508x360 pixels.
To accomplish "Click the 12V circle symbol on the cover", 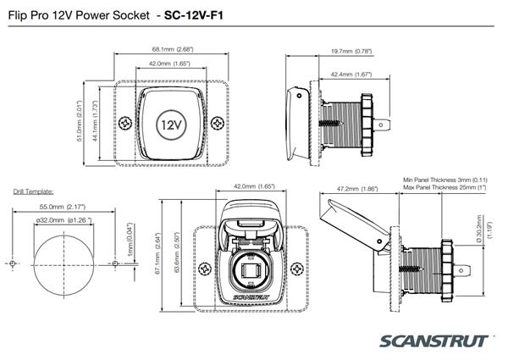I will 171,124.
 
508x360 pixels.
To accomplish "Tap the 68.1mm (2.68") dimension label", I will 171,50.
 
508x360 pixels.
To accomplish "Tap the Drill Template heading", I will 34,192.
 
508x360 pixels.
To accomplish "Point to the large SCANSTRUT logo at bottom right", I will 435,341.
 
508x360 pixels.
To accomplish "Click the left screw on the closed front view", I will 125,124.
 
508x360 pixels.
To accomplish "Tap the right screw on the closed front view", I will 218,124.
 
